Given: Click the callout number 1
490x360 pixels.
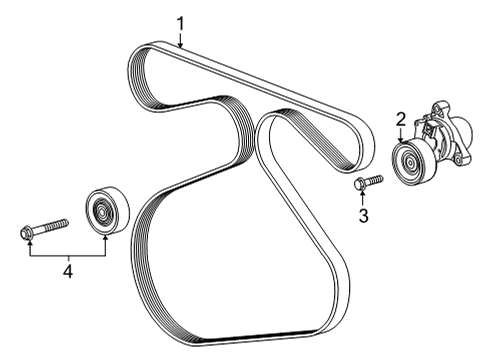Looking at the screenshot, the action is pos(181,21).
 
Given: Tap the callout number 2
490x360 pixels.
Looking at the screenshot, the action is pos(401,120).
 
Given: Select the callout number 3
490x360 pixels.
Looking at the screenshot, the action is pos(364,214).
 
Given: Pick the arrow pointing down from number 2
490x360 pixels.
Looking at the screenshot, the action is pos(402,141).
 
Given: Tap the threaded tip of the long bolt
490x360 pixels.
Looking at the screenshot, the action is pos(62,221).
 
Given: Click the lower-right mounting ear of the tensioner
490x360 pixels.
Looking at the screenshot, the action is pos(459,158).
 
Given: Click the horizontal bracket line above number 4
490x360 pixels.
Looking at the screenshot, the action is pos(64,253).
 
